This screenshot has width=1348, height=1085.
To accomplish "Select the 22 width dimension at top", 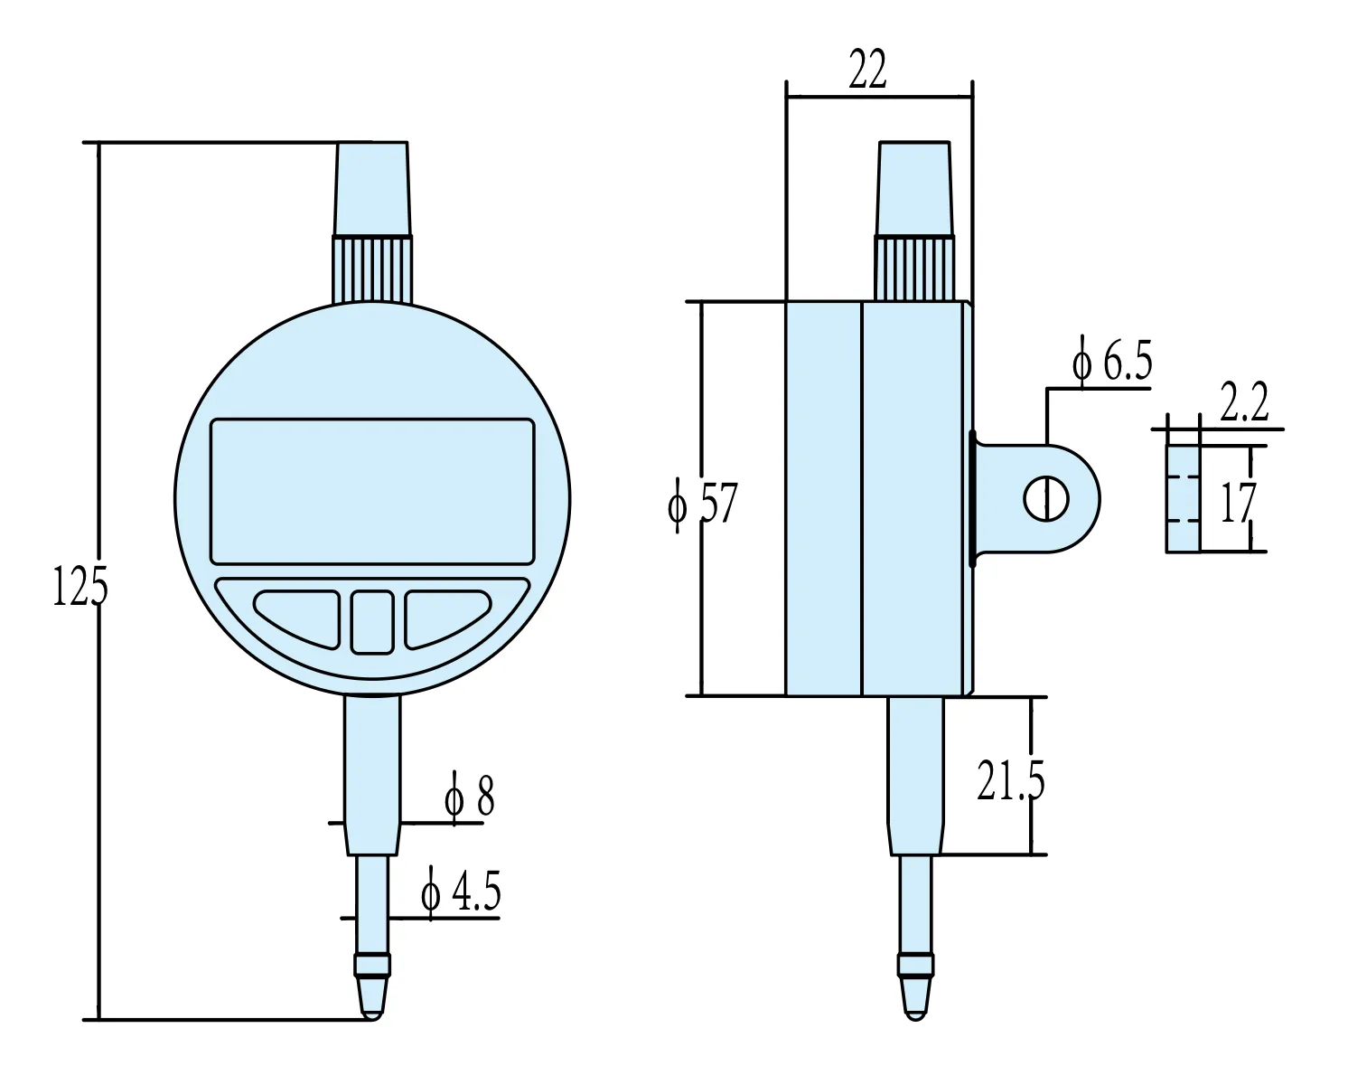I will tap(867, 71).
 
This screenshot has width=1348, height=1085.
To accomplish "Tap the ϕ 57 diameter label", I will tap(703, 504).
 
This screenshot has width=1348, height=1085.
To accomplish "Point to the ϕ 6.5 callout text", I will tap(1111, 362).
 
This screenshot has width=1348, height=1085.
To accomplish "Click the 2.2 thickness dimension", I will tap(1244, 403).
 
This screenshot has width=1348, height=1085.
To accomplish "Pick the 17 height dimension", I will tap(1237, 504).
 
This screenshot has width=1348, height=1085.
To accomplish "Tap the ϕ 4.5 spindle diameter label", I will tap(460, 893).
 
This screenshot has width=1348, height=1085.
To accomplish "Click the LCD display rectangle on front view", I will tap(372, 490).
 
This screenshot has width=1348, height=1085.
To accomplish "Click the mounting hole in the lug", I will tap(1046, 498).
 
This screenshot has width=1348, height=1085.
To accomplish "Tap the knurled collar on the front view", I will tap(372, 269).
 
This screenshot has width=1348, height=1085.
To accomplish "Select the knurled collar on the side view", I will tap(914, 268).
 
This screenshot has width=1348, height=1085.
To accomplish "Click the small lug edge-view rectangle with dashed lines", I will tap(1183, 498).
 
